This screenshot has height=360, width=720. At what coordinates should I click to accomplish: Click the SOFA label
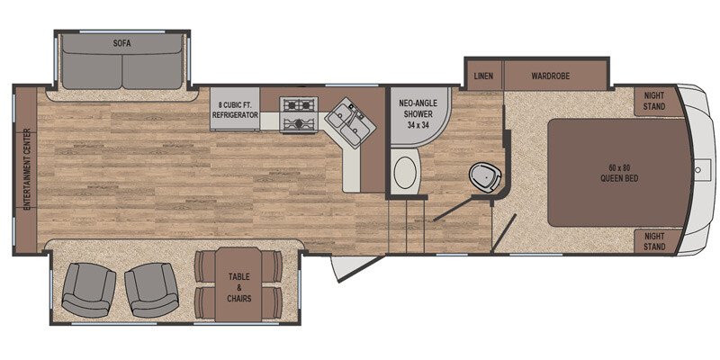tap(122, 42)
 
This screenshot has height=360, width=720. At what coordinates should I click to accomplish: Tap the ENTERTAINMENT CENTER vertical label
tap(28, 169)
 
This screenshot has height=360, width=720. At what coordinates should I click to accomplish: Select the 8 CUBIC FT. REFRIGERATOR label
tap(236, 110)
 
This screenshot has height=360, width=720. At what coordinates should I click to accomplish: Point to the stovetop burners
tap(298, 114)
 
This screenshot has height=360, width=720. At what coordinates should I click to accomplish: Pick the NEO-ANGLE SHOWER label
tap(418, 109)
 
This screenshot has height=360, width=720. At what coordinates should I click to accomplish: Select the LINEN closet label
tap(483, 76)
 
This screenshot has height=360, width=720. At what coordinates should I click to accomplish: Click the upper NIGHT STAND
tap(654, 100)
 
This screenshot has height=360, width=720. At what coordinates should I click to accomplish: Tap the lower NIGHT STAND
tap(654, 240)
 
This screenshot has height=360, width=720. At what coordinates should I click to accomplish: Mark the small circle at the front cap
tap(697, 168)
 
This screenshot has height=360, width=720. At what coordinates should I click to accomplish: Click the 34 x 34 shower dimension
tap(418, 124)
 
